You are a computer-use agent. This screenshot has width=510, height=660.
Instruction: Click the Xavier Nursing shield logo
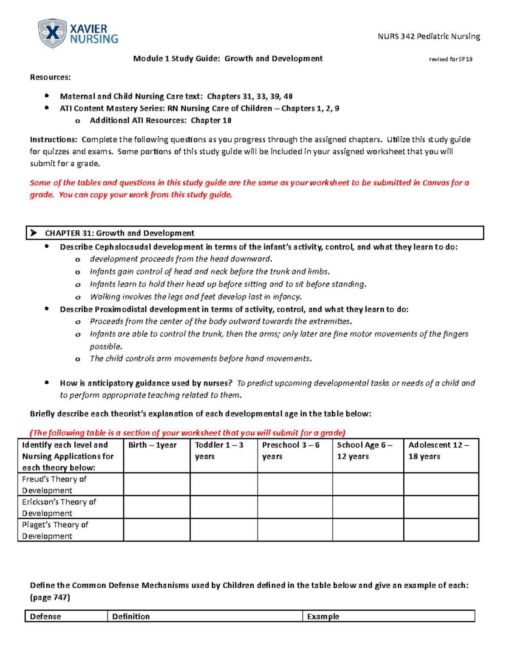tap(52, 33)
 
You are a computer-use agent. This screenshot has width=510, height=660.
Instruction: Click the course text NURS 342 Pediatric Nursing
tap(428, 37)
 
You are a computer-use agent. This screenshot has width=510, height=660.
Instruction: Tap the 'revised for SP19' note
tap(450, 59)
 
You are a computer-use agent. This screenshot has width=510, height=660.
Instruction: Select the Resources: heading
tap(50, 77)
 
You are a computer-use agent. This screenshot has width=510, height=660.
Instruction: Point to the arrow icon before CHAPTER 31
tap(34, 233)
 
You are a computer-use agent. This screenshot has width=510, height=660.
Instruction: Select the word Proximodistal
tap(121, 309)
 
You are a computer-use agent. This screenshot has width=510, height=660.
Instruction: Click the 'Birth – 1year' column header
tap(152, 445)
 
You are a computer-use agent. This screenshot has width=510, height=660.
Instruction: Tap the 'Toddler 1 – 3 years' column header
tap(219, 450)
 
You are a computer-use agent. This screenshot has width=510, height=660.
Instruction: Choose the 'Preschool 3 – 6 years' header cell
tap(290, 450)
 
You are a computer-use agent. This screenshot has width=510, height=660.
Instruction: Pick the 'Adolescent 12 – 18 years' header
tap(438, 450)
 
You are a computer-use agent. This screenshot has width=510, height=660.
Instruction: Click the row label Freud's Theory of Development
tap(54, 484)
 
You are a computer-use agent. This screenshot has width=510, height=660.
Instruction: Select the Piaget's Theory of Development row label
tap(55, 530)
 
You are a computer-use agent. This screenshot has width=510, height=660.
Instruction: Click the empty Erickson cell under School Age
tap(368, 507)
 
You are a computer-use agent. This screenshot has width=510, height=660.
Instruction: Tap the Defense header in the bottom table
tap(45, 617)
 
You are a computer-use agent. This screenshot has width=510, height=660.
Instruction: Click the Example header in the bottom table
tap(323, 617)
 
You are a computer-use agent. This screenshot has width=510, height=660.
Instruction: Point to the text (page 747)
tap(50, 598)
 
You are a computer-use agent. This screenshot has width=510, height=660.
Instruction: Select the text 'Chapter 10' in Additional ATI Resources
tap(211, 121)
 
